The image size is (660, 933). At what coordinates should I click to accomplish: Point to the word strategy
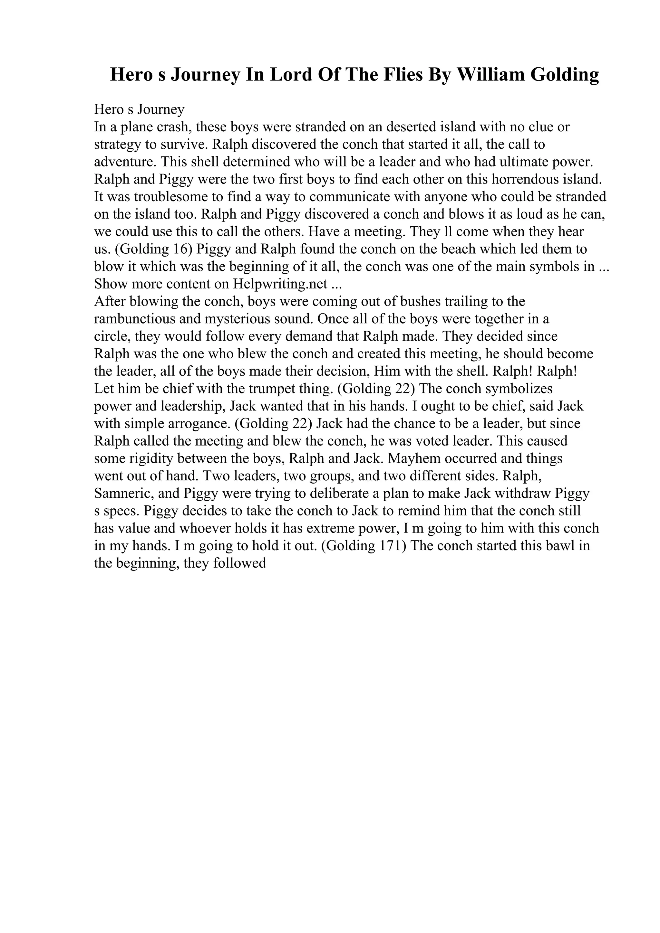[118, 145]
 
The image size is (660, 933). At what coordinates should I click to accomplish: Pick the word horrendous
[522, 179]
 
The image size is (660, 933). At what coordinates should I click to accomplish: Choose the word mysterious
[238, 319]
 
